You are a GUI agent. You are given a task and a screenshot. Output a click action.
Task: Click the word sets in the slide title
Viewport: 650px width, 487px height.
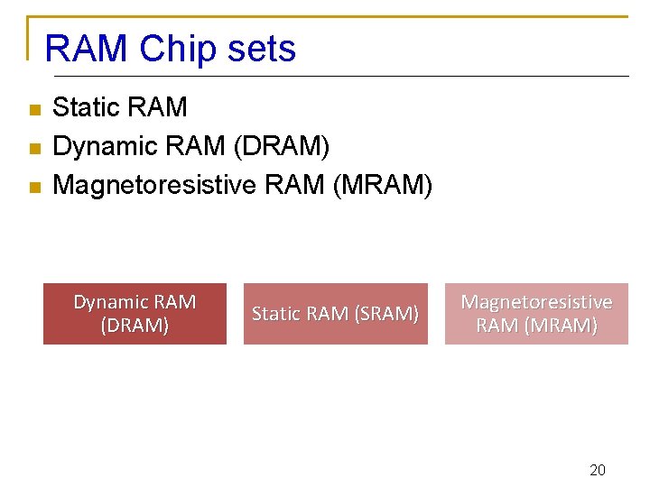tap(262, 49)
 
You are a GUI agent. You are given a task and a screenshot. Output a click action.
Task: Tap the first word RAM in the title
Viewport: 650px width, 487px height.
tap(86, 49)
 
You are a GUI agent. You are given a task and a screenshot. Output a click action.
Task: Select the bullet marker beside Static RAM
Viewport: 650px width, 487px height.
tap(34, 110)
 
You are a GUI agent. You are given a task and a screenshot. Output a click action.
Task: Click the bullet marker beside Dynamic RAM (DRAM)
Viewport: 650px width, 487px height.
tap(34, 149)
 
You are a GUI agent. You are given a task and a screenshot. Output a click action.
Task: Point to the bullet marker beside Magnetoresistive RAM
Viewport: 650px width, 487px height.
tap(34, 188)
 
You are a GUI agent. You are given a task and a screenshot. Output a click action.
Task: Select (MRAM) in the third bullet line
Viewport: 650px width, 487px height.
tap(383, 186)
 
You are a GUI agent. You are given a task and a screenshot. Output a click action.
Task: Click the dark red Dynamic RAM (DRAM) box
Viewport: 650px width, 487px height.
tap(135, 314)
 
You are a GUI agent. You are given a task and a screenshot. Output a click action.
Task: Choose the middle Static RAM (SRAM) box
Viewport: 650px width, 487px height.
tap(335, 314)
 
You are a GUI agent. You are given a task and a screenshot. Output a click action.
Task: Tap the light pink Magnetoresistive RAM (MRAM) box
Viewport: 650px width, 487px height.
tap(536, 314)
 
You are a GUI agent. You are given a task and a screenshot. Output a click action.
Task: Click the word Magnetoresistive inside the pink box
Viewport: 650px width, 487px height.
tap(536, 302)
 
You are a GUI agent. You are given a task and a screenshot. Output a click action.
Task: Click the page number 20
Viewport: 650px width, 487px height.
tap(597, 470)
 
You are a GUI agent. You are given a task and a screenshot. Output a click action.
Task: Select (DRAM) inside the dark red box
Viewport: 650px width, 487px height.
tap(135, 326)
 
